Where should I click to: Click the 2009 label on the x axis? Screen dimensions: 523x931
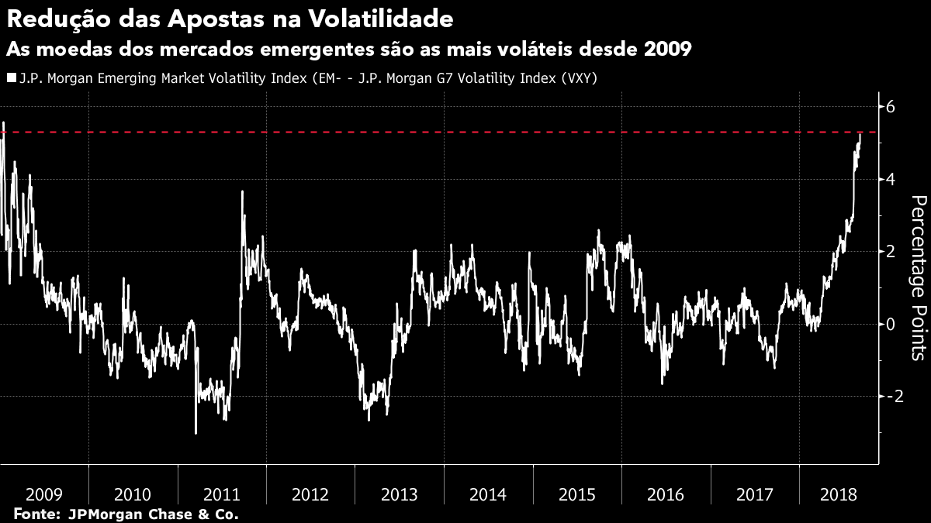tap(44, 494)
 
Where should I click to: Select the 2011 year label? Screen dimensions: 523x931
tap(222, 494)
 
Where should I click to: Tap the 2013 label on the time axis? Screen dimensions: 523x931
tap(400, 494)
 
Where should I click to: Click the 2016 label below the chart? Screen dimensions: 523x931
tap(666, 494)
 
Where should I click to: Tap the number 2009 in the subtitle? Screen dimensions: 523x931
tap(668, 49)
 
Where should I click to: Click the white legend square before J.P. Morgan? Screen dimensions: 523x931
tap(10, 77)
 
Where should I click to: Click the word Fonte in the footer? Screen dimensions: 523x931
tap(36, 514)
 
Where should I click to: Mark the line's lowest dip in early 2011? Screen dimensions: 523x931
tap(196, 432)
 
